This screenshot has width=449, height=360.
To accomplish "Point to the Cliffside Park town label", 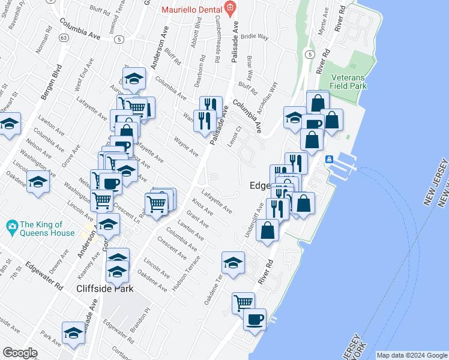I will [x=104, y=288].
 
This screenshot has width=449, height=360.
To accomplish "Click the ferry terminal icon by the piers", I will [x=329, y=160].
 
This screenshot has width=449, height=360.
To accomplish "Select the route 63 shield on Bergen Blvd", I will [x=63, y=37].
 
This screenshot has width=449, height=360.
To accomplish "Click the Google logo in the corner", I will [x=20, y=353].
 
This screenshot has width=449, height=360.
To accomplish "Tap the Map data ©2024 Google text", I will [x=411, y=355].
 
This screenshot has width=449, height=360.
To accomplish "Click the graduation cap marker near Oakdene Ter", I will [x=233, y=263].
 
